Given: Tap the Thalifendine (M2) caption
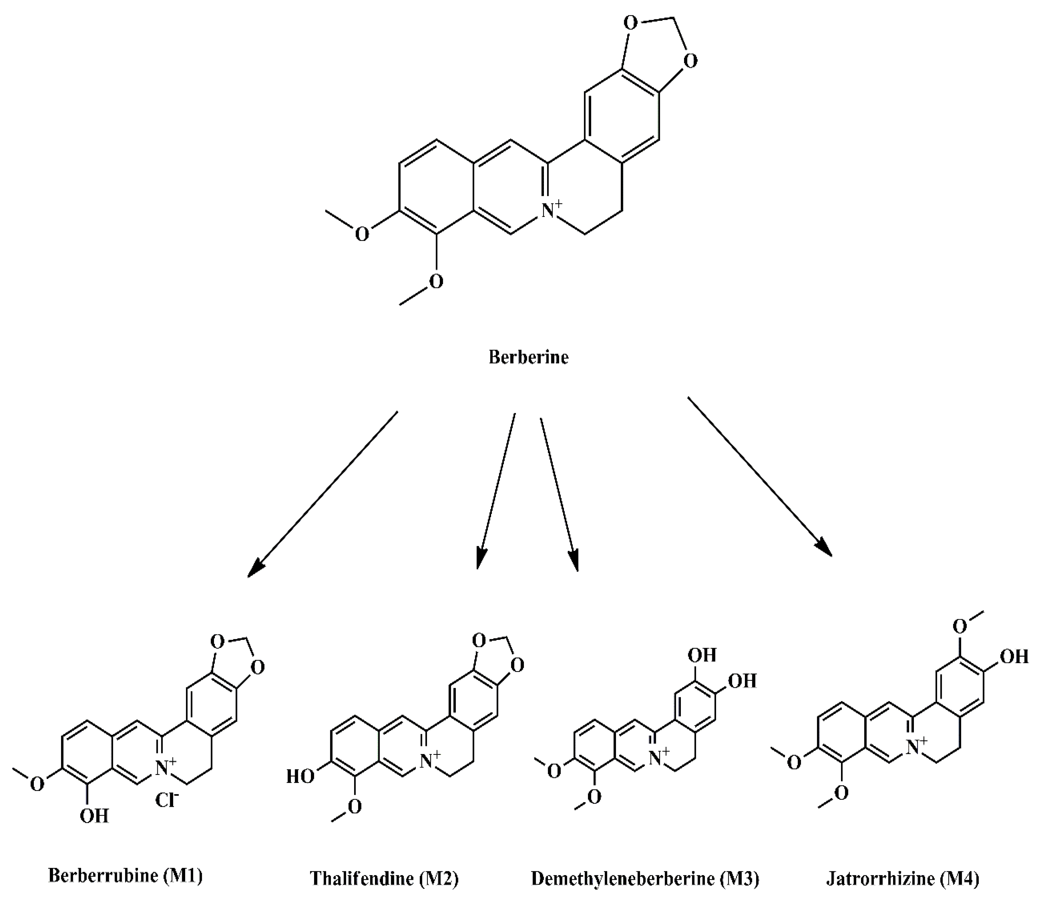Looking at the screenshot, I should pos(384,878).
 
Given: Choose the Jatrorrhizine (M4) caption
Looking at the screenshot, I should pos(903,878).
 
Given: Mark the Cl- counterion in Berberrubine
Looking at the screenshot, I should pos(166,800).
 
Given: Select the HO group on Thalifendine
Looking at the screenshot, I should pos(300,776).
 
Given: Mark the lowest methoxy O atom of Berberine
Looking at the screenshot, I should pos(435,281).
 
